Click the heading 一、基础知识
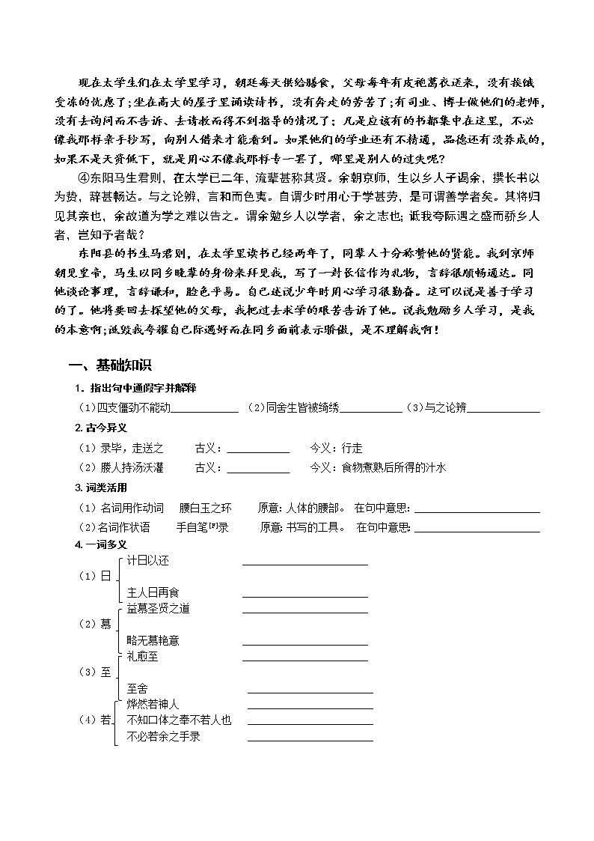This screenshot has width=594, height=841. pyautogui.click(x=110, y=365)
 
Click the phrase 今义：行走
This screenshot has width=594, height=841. pyautogui.click(x=336, y=448)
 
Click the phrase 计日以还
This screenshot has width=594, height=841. pyautogui.click(x=149, y=560)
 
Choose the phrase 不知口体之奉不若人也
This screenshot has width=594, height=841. pyautogui.click(x=180, y=720)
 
